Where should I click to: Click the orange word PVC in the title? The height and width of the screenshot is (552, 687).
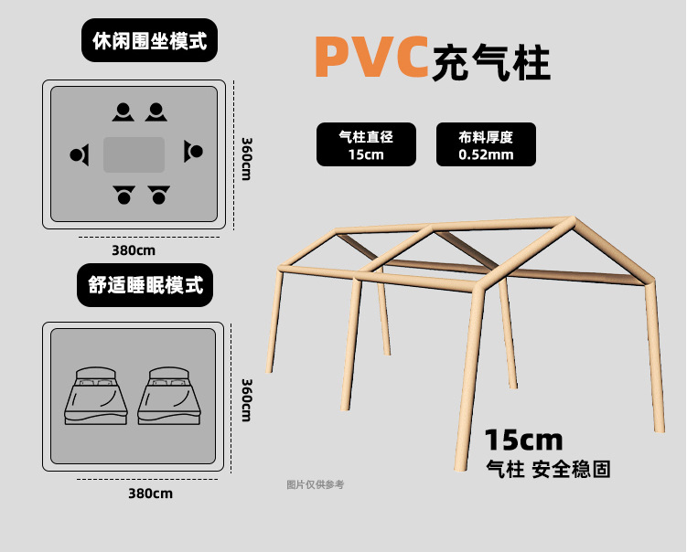coord(371,57)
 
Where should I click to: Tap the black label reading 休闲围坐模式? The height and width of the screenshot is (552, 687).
coord(149,41)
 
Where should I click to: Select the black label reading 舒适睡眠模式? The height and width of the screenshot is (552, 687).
coord(145,284)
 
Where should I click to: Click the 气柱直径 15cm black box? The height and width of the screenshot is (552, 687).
coord(366,144)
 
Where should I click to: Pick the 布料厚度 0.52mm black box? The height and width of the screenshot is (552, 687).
coord(486,144)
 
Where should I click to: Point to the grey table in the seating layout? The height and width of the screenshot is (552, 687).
coord(134,154)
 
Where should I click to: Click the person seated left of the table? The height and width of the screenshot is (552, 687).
coord(81,154)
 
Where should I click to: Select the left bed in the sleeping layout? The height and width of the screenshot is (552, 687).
coord(94,395)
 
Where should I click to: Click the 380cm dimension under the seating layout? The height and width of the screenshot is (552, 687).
coord(133,249)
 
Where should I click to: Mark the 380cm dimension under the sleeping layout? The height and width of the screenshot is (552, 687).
coord(150,494)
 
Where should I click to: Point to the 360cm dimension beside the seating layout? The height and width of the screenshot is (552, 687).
coord(247,158)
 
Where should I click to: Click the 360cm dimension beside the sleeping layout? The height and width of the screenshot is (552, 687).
coord(246,399)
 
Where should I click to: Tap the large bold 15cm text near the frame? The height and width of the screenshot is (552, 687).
coord(522,441)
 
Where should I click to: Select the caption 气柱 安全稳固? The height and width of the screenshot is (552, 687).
coord(547,469)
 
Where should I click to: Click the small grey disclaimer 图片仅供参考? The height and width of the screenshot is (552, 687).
coord(316,484)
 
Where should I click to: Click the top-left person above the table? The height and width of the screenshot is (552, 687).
coord(123,112)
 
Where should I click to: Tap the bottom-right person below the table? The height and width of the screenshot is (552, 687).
coord(159,195)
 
